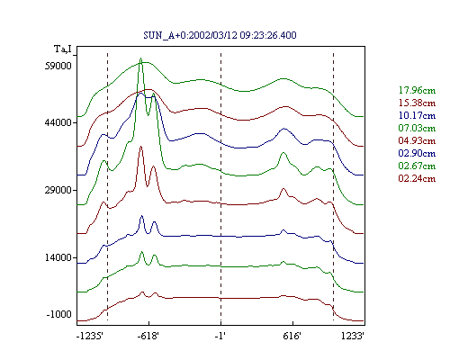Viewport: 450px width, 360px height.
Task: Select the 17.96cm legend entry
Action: coord(417,90)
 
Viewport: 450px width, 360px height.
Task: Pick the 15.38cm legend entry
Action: coord(417,103)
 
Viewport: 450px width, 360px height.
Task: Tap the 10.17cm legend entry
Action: coord(417,115)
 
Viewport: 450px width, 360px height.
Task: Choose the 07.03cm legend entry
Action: coord(417,128)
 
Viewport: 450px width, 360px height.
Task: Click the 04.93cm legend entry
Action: coord(417,140)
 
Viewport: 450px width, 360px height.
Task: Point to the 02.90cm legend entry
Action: coord(417,153)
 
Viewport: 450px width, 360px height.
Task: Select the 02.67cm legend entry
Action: coord(417,166)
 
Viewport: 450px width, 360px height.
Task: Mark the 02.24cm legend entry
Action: coord(417,178)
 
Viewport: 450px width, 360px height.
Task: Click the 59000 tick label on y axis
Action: coord(58,66)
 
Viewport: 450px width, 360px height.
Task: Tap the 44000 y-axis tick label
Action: coord(58,122)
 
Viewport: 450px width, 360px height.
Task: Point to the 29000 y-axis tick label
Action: coord(58,190)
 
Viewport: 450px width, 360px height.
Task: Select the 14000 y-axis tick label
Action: coord(58,257)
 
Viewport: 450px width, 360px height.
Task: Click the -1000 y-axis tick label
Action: coord(59,314)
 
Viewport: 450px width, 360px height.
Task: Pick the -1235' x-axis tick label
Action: coord(90,336)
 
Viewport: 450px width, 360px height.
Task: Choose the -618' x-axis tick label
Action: coord(148,336)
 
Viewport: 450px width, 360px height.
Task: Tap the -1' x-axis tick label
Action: coord(220,336)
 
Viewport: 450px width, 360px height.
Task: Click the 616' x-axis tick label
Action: coord(292,336)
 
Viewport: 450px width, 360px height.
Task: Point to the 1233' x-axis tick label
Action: coord(353,336)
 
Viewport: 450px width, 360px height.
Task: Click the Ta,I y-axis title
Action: coord(63,49)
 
